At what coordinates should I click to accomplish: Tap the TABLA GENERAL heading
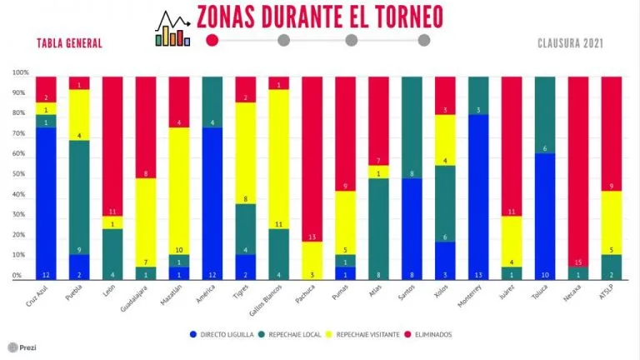69,43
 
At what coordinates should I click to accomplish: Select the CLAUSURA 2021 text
570,43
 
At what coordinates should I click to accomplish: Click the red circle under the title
212,39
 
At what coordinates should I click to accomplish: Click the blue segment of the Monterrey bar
478,196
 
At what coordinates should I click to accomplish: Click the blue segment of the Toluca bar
545,217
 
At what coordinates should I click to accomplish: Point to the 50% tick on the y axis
17,178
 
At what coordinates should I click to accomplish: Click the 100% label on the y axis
19,73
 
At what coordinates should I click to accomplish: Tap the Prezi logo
22,347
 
